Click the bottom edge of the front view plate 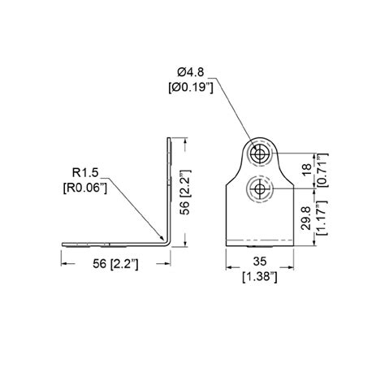[x=258, y=244]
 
